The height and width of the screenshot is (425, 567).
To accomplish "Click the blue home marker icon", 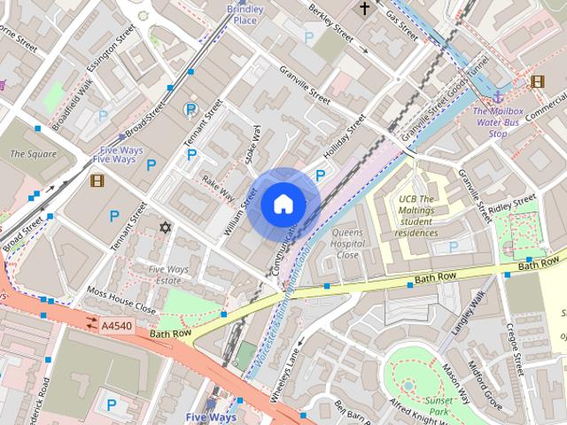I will (283, 205).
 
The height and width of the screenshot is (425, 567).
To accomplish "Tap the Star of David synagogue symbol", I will (164, 228).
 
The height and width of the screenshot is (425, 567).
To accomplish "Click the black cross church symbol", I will (364, 9).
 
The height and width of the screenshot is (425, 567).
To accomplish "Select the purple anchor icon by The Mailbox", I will (499, 95).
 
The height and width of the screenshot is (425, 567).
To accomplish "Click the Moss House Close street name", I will (120, 300).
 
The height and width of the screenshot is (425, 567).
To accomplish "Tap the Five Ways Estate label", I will (170, 275).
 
